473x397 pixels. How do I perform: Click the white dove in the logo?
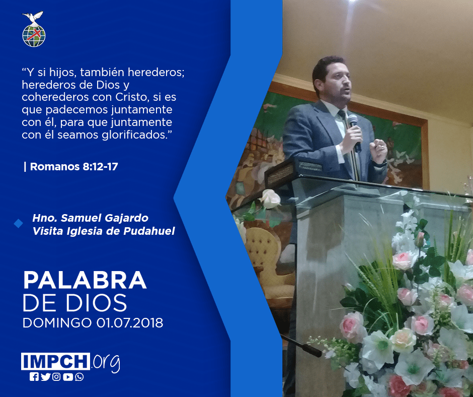[33, 18]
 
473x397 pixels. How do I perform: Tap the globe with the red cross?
[34, 36]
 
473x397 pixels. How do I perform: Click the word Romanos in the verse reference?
[55, 166]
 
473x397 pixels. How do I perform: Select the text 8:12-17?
[100, 166]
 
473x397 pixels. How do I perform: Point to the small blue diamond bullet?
[19, 224]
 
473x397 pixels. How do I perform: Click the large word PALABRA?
[85, 281]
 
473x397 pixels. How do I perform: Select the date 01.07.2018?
[130, 323]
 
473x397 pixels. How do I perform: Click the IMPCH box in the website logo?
[55, 361]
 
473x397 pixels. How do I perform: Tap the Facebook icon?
[34, 377]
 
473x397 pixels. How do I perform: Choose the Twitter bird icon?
[45, 377]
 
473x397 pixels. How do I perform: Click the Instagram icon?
[56, 377]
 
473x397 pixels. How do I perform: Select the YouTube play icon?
[68, 377]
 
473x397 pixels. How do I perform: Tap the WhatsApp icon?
[80, 377]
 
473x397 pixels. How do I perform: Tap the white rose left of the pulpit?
[270, 199]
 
